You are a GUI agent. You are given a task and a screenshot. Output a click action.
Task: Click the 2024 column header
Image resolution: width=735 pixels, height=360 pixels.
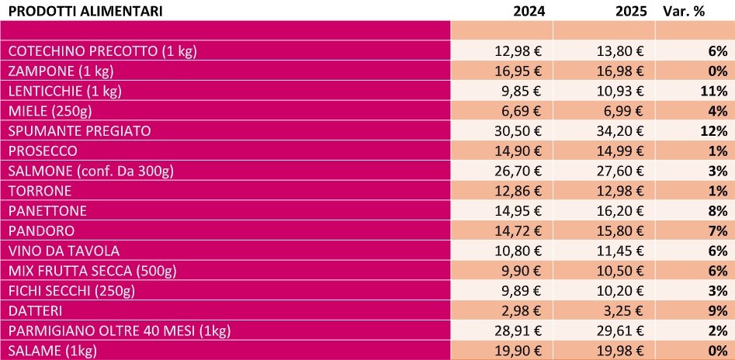coord(529,11)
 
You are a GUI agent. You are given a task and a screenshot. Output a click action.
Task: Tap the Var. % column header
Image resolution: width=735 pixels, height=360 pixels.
coord(683,11)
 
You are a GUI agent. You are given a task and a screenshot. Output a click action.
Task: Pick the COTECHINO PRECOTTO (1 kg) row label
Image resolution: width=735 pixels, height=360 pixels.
coord(102,51)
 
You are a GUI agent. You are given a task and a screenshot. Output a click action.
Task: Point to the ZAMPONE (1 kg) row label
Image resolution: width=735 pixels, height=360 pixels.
coord(61,71)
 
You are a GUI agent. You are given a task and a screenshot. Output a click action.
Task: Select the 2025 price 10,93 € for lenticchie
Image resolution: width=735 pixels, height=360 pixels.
coord(619,92)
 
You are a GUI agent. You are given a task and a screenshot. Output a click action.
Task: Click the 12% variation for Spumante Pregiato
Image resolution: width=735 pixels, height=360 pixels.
coord(713,130)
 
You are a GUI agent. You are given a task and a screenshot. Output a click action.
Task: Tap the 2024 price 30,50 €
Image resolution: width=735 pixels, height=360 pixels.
coord(519,130)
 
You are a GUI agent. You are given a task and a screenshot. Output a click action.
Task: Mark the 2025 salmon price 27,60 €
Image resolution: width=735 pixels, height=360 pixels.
coord(619,171)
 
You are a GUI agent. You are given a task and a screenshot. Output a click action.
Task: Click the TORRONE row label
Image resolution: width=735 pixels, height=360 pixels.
coord(40,191)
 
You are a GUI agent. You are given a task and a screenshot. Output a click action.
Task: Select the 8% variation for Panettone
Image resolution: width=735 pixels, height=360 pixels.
coord(717,211)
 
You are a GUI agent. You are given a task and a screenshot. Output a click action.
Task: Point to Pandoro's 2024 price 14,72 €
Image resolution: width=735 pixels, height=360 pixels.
coord(519,231)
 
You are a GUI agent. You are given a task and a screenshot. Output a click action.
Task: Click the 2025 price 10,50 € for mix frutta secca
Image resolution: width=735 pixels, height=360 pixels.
coord(619,272)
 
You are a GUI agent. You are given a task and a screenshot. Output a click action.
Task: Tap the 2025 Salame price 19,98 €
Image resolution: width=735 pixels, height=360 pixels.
coord(619,351)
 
